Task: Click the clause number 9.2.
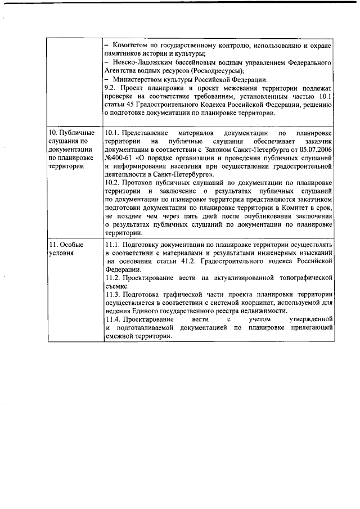[111, 89]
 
